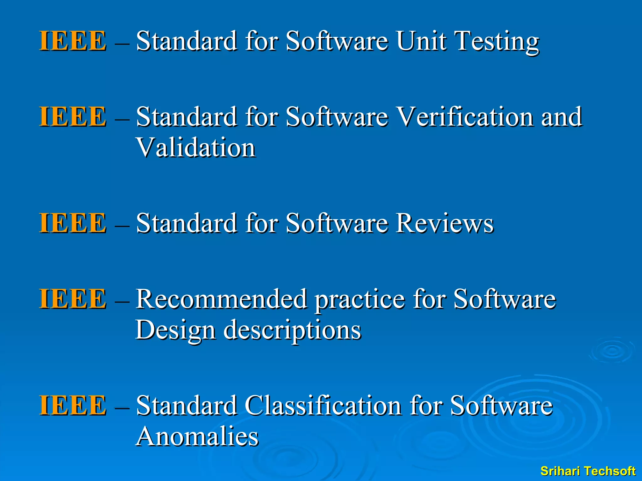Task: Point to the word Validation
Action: (196, 148)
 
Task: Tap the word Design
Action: (175, 331)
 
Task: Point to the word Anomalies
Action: (197, 437)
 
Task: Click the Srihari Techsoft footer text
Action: (588, 471)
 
